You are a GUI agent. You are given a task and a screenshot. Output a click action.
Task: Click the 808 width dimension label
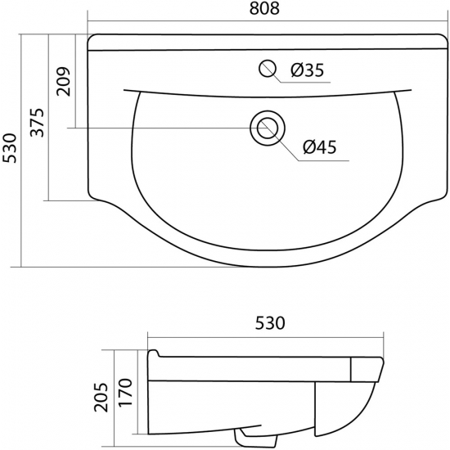(264, 9)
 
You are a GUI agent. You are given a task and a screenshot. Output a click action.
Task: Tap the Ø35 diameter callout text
(307, 70)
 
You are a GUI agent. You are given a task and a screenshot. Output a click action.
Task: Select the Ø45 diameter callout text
(319, 147)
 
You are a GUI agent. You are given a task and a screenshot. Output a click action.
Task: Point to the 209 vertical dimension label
(63, 82)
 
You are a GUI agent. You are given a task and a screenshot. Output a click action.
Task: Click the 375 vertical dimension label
(38, 123)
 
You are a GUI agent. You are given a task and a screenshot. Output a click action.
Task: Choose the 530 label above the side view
(270, 323)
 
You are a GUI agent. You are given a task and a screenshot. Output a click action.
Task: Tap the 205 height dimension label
(101, 397)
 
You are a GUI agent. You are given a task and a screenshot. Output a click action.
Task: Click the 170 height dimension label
(125, 393)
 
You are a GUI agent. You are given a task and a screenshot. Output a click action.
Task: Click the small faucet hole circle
(268, 69)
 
